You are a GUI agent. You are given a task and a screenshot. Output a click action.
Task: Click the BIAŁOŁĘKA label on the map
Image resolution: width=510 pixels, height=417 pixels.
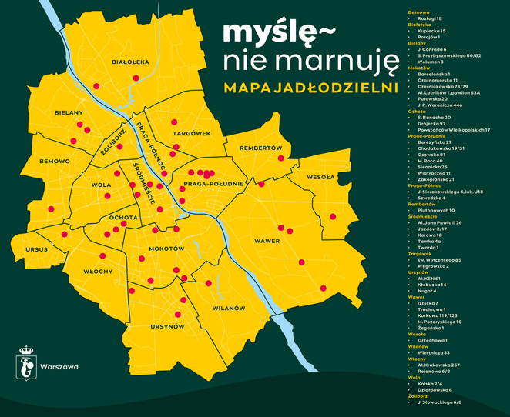pos(130,62)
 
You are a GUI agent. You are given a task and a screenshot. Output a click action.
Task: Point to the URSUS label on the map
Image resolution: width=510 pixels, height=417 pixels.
pos(36,250)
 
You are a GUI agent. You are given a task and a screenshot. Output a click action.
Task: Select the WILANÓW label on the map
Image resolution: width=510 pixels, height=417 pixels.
pos(228,309)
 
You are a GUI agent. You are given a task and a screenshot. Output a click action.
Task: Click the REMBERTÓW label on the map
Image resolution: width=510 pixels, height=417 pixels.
pos(261,147)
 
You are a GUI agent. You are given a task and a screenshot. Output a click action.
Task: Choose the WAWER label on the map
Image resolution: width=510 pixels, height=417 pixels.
pos(267,242)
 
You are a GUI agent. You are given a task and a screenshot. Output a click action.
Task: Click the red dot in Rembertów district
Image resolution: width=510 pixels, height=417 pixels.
pos(280,157)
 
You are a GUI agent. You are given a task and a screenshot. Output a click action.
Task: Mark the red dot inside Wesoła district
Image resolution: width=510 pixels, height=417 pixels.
pos(333,216)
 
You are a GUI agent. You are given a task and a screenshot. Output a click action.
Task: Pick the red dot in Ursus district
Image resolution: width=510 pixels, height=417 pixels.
pos(65,234)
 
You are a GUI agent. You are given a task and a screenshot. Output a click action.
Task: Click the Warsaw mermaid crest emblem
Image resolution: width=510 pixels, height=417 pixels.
pos(26,364)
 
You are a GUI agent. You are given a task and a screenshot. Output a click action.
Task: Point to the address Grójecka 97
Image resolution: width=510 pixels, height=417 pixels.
pos(432,123)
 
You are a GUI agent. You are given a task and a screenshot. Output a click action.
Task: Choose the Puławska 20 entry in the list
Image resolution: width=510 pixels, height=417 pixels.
pos(432,98)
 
